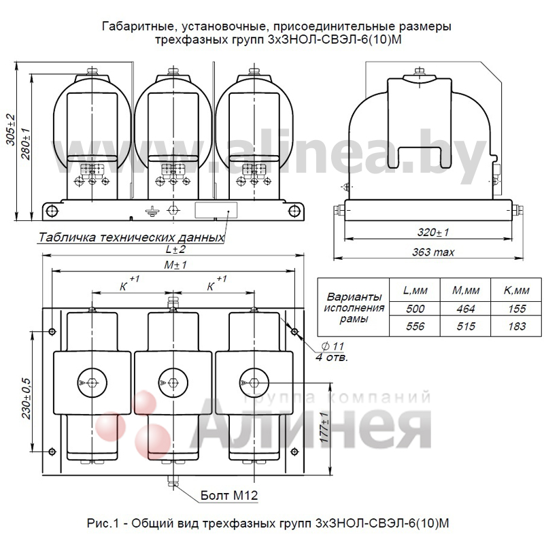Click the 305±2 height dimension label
11,130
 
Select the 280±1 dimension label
26,144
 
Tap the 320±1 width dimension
433,232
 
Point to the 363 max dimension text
433,252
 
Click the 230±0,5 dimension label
27,398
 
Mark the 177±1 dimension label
324,427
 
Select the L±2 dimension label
175,249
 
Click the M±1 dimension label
175,265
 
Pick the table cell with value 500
415,309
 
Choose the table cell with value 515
466,326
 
